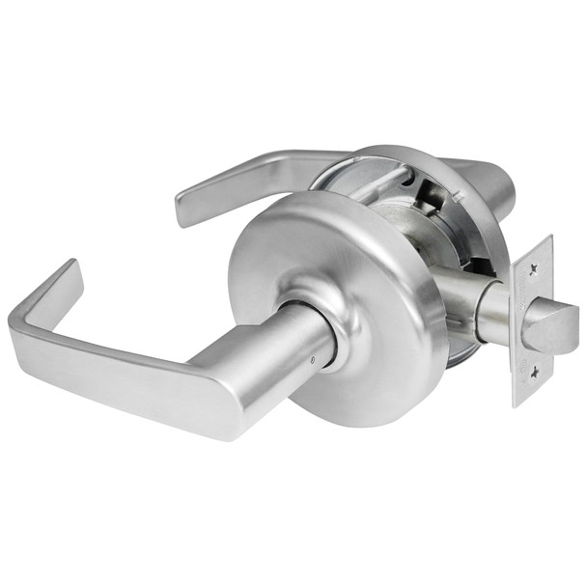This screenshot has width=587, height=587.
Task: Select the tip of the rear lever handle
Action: pos(185,207)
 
